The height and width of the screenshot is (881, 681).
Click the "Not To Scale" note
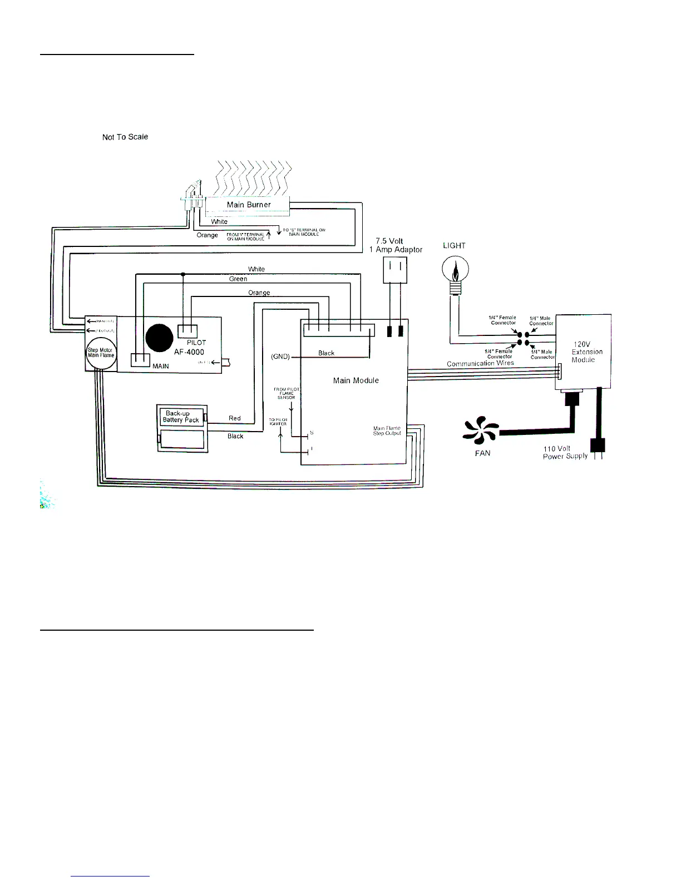pyautogui.click(x=125, y=137)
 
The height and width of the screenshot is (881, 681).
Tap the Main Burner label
pyautogui.click(x=249, y=205)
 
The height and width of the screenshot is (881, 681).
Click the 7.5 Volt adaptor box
pyautogui.click(x=395, y=270)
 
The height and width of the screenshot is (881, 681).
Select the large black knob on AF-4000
pyautogui.click(x=159, y=338)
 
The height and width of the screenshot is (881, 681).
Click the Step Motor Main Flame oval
pyautogui.click(x=101, y=353)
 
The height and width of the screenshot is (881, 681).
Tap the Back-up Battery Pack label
pyautogui.click(x=181, y=417)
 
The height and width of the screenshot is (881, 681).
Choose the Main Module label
pyautogui.click(x=356, y=380)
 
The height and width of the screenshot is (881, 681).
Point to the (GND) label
pyautogui.click(x=280, y=357)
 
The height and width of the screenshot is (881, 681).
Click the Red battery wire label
pyautogui.click(x=235, y=418)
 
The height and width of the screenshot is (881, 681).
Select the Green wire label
pyautogui.click(x=238, y=279)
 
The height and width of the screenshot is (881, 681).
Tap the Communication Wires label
pyautogui.click(x=480, y=363)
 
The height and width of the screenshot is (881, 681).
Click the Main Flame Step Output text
pyautogui.click(x=387, y=431)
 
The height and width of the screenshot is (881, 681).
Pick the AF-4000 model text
pyautogui.click(x=189, y=352)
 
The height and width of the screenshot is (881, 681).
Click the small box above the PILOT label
pyautogui.click(x=187, y=331)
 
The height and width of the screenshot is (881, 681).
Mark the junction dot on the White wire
pyautogui.click(x=183, y=274)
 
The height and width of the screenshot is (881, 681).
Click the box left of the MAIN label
pyautogui.click(x=140, y=360)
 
